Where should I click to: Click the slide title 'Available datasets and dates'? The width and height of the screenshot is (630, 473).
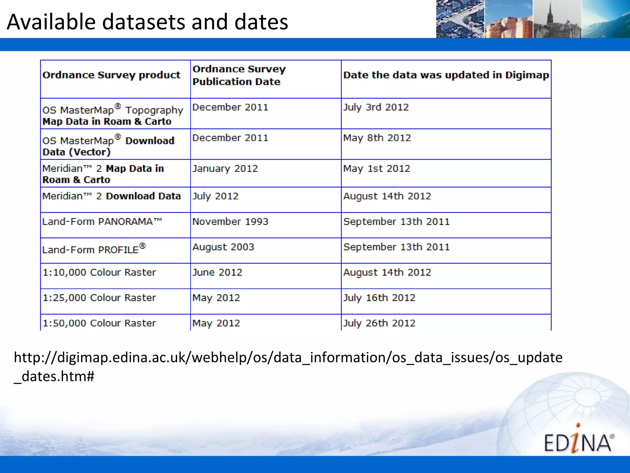pyautogui.click(x=147, y=22)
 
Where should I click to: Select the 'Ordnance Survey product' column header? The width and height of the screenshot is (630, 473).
pyautogui.click(x=111, y=75)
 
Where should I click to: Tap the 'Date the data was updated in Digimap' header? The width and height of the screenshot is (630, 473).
pyautogui.click(x=446, y=75)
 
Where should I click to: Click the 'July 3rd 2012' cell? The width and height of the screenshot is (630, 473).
pyautogui.click(x=376, y=107)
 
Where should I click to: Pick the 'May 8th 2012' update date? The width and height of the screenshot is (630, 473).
pyautogui.click(x=377, y=138)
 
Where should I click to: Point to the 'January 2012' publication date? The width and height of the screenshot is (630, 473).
pyautogui.click(x=225, y=168)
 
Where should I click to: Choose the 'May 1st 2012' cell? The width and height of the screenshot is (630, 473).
pyautogui.click(x=377, y=168)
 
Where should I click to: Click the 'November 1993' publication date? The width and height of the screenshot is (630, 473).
pyautogui.click(x=230, y=221)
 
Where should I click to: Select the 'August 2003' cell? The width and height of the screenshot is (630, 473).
pyautogui.click(x=223, y=247)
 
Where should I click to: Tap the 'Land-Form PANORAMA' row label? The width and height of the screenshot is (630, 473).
pyautogui.click(x=102, y=221)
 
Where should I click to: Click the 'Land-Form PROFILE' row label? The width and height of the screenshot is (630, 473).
pyautogui.click(x=94, y=249)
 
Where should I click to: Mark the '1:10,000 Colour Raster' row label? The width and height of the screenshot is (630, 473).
pyautogui.click(x=99, y=272)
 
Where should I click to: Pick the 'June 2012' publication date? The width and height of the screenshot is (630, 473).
pyautogui.click(x=217, y=272)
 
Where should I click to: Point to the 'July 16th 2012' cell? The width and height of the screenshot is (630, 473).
pyautogui.click(x=379, y=298)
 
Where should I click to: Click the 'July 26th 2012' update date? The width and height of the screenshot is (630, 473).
pyautogui.click(x=379, y=323)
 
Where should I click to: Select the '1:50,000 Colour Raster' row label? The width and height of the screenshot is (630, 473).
pyautogui.click(x=99, y=323)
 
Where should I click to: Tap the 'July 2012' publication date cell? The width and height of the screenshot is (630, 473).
pyautogui.click(x=215, y=196)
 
